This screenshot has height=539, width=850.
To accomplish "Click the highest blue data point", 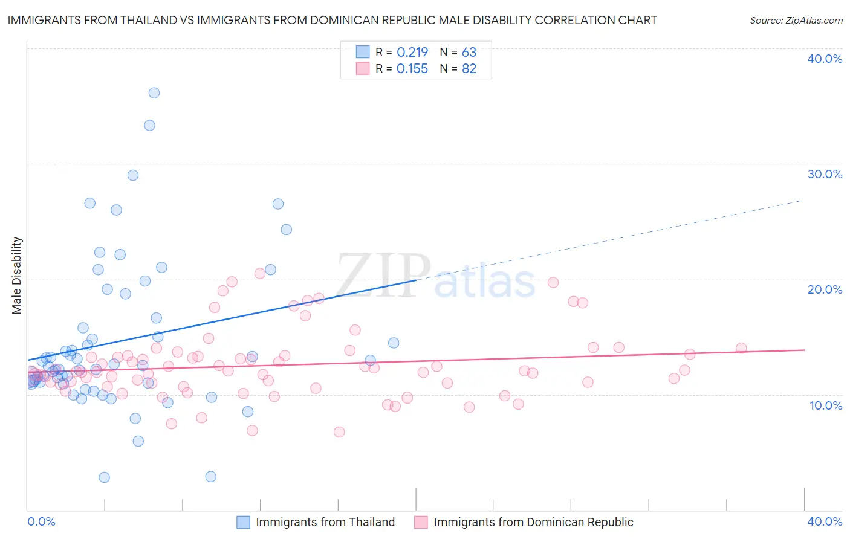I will click(x=154, y=93).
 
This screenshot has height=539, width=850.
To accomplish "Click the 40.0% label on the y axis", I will click(x=825, y=59).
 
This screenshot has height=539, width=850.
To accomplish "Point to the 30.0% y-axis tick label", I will click(x=825, y=174).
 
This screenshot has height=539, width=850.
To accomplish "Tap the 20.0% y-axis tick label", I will click(x=825, y=289).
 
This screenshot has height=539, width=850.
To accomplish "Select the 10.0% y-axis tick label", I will click(x=826, y=405).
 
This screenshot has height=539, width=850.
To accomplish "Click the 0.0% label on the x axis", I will click(x=41, y=521).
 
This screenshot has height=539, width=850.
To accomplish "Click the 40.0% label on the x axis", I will click(x=825, y=521).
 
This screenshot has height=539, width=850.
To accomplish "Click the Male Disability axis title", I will click(x=17, y=275).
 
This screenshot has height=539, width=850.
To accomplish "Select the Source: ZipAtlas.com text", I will click(x=796, y=21).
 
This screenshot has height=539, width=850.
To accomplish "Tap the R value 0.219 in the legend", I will click(x=412, y=53).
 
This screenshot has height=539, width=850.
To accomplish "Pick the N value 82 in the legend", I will click(x=469, y=69).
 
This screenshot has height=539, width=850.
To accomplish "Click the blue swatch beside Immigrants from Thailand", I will click(x=243, y=522).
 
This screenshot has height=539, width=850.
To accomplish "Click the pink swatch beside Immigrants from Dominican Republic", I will click(x=421, y=522).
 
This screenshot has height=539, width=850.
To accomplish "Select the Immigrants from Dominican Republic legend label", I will click(x=533, y=522).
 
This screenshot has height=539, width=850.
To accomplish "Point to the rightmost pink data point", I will click(x=741, y=348).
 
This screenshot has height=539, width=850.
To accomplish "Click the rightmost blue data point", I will click(x=394, y=343).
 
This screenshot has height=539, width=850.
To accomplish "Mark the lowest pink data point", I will click(x=339, y=432).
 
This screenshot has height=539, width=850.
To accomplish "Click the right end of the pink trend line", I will click(x=804, y=350).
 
